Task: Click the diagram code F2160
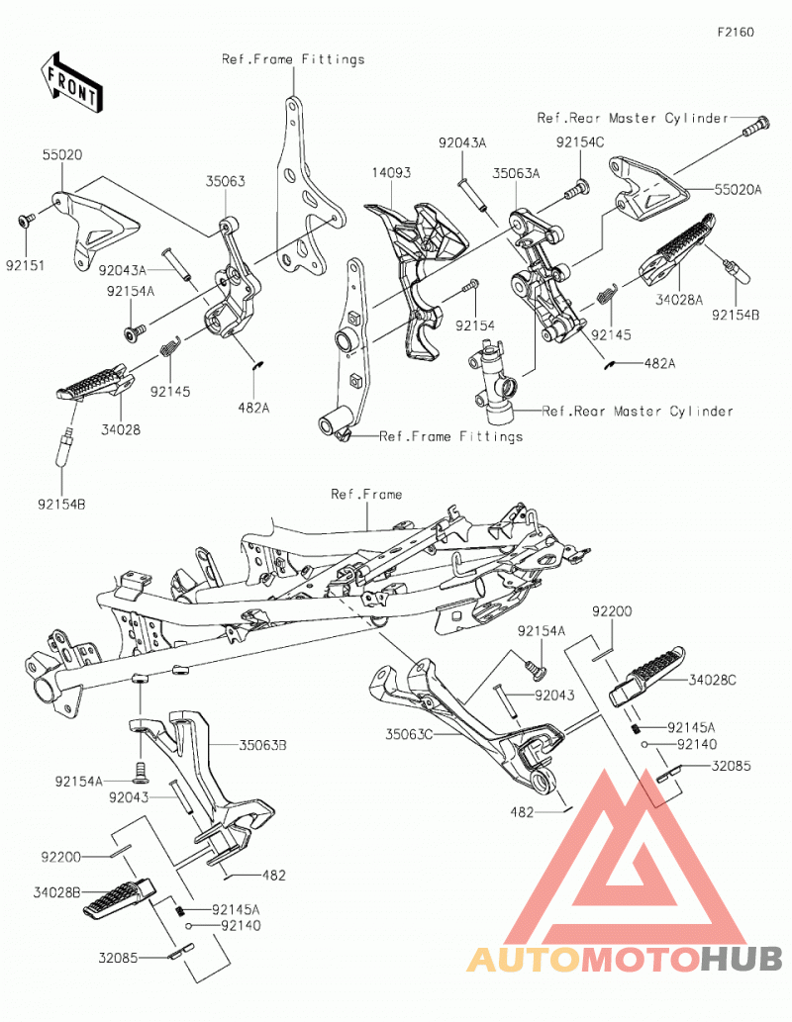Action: pyautogui.click(x=736, y=32)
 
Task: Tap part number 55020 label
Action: pyautogui.click(x=62, y=155)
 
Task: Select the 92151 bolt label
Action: pyautogui.click(x=26, y=266)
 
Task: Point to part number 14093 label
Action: pyautogui.click(x=391, y=173)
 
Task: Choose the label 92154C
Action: pyautogui.click(x=580, y=142)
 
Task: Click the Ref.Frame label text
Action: pyautogui.click(x=366, y=494)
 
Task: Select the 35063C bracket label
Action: pyautogui.click(x=409, y=734)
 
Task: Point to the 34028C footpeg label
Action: pyautogui.click(x=713, y=680)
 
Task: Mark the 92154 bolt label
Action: pyautogui.click(x=475, y=325)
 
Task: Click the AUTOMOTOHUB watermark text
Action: pyautogui.click(x=625, y=959)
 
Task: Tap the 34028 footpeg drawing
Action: pyautogui.click(x=95, y=383)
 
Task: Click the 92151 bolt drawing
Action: pyautogui.click(x=25, y=221)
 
